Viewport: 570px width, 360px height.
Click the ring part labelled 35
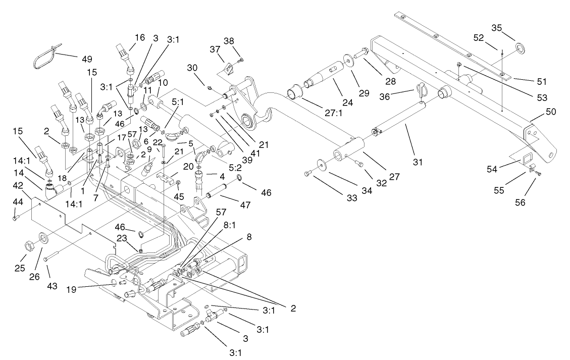(519, 49)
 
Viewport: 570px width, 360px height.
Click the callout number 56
(534, 202)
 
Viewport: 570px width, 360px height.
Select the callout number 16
(139, 37)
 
